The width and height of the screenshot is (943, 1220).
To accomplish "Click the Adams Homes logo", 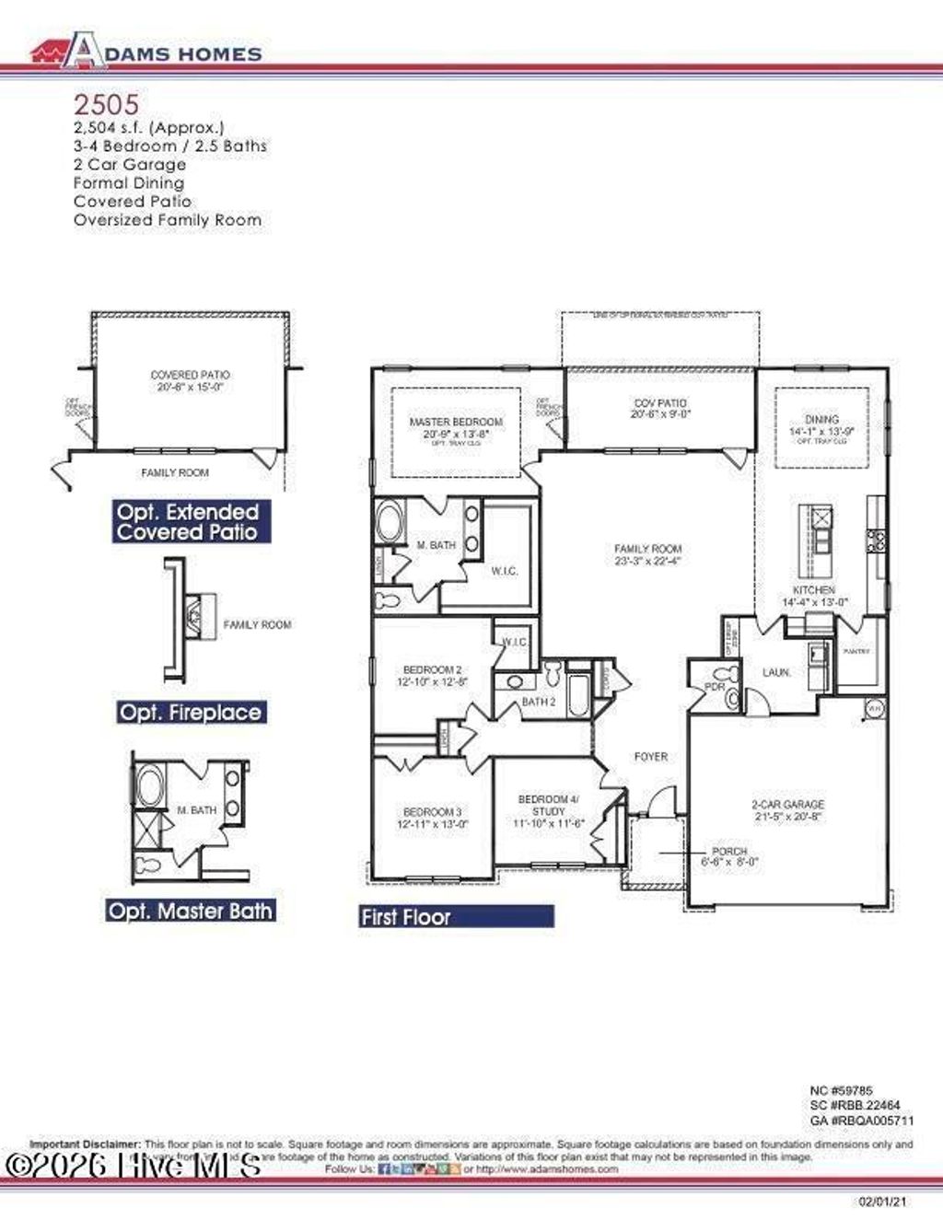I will pos(146,52).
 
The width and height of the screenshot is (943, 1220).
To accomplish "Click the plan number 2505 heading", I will pos(106,104).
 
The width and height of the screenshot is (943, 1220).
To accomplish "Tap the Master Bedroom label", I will pos(456,426).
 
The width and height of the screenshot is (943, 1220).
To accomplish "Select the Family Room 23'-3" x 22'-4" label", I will pos(647,554).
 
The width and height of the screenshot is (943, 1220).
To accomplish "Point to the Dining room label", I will pos(821,424).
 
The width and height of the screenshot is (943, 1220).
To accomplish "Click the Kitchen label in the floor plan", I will pos(814,595).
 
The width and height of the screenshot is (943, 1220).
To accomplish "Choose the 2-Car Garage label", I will pos(787,809).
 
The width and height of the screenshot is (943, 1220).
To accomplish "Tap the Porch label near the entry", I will pos(729,856).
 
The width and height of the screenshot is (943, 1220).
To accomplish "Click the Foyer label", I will pos(651,756).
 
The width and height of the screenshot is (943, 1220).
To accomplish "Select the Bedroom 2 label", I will pos(432,675).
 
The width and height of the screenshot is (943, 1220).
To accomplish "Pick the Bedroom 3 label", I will pos(432,818).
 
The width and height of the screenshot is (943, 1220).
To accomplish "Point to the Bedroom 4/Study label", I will pos(548,810).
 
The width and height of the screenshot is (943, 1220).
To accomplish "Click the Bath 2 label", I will pos(539,702).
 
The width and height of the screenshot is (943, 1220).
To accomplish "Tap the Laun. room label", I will pos(776,672).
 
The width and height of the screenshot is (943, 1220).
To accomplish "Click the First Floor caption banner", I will pos(457,916).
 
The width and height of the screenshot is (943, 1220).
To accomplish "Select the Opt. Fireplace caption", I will pos(191,712).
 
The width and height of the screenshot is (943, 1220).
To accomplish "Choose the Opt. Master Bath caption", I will pos(191,911).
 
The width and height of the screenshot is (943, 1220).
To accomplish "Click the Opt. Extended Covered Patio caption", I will pos(188,522).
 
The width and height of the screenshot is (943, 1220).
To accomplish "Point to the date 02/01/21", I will pos(882,1202).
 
